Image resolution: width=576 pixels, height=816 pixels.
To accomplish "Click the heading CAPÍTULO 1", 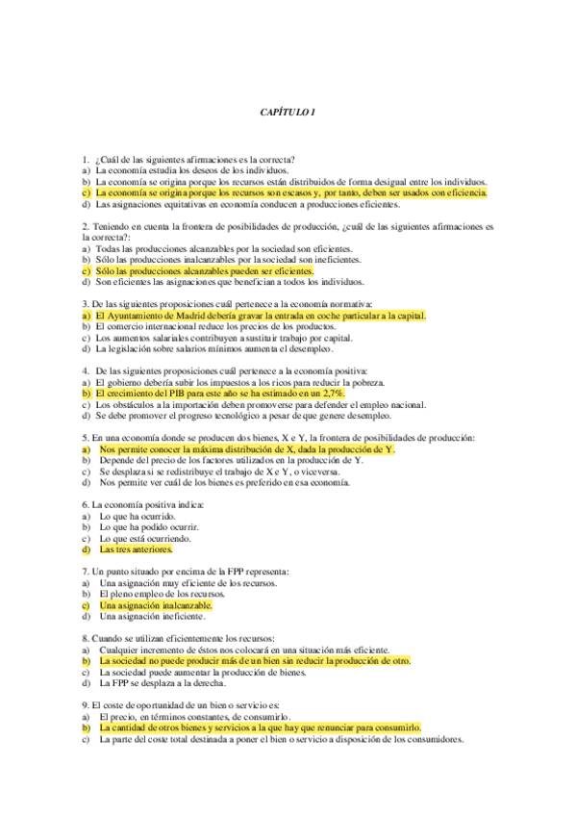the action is (288, 113).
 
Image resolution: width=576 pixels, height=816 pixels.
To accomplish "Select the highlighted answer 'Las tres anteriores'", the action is (136, 549).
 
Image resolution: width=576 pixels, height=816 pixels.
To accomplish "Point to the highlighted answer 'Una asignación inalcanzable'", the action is (155, 606).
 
